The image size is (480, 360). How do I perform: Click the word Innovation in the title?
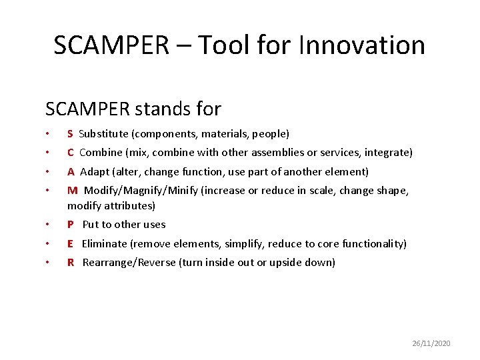tap(362, 45)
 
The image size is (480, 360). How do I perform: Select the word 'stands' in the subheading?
tap(167, 108)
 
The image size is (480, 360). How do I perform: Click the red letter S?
tap(70, 134)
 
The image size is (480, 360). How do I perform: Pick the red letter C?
tap(71, 153)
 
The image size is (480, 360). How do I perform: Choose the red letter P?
tap(71, 225)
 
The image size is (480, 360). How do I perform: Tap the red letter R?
tap(71, 263)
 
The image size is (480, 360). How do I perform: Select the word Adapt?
tap(94, 172)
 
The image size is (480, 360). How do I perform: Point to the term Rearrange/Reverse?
tap(129, 263)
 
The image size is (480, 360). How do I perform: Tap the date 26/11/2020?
tap(431, 343)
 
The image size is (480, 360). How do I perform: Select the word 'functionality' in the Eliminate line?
tap(372, 244)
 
